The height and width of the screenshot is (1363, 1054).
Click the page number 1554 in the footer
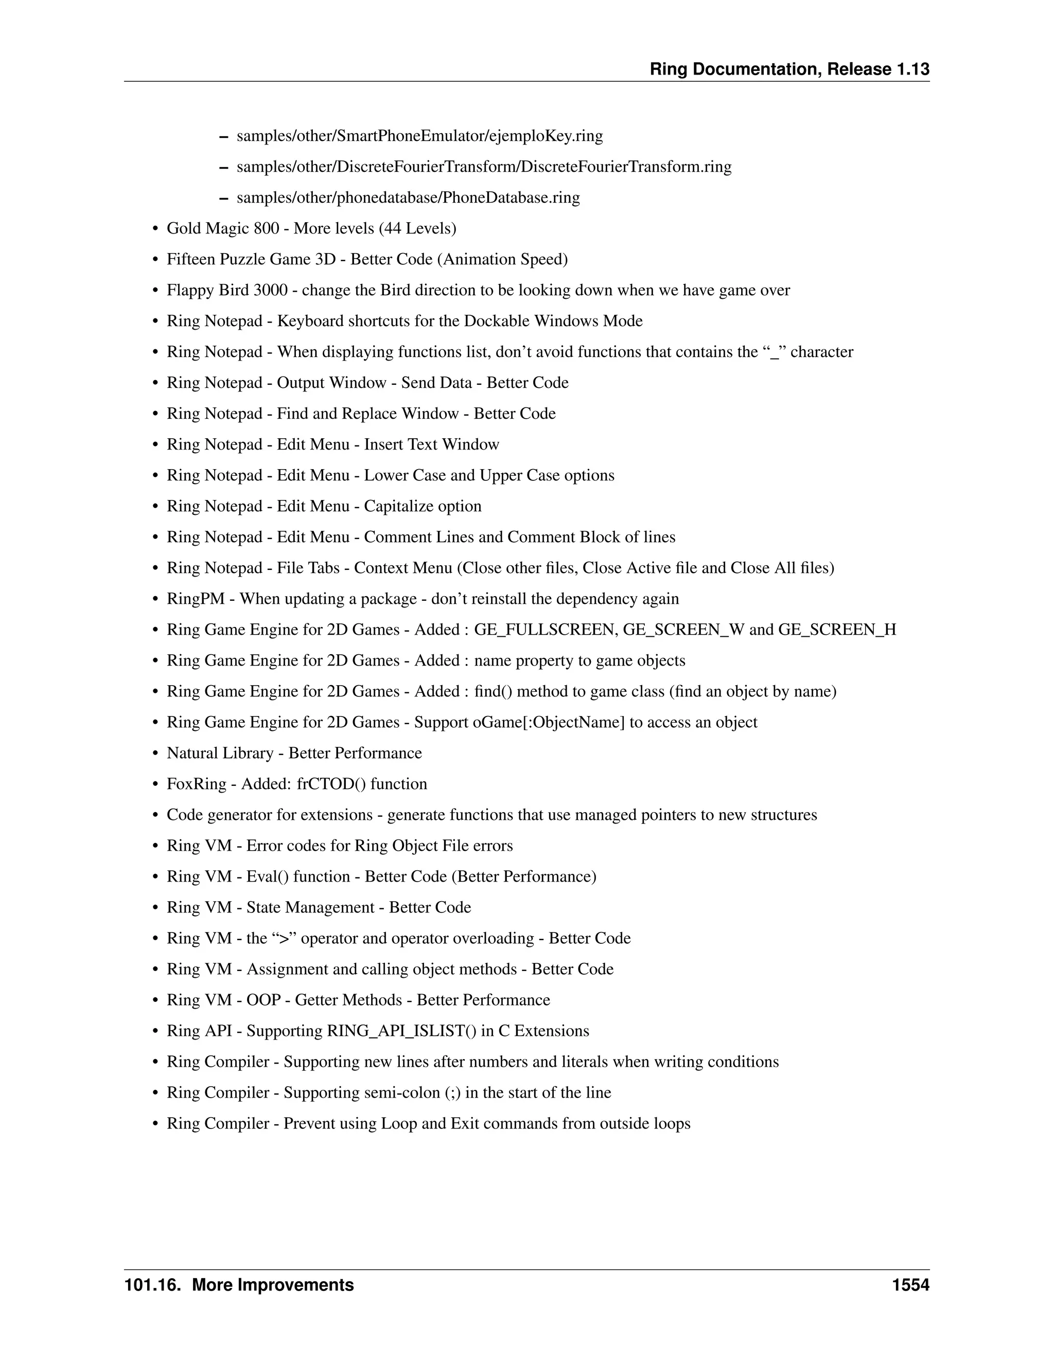[x=910, y=1285]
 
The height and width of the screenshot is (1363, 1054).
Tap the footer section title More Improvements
[x=273, y=1285]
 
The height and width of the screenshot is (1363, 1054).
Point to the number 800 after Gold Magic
[x=267, y=228]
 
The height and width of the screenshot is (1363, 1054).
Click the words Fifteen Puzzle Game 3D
[x=251, y=259]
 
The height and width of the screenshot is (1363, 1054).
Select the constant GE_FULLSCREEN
[x=544, y=630]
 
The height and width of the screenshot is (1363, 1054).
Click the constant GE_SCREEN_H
[x=837, y=630]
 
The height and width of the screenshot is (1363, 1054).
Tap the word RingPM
[x=196, y=599]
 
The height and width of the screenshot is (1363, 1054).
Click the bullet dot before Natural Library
[x=155, y=754]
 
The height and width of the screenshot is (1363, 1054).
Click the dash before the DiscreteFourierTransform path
[x=223, y=167]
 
